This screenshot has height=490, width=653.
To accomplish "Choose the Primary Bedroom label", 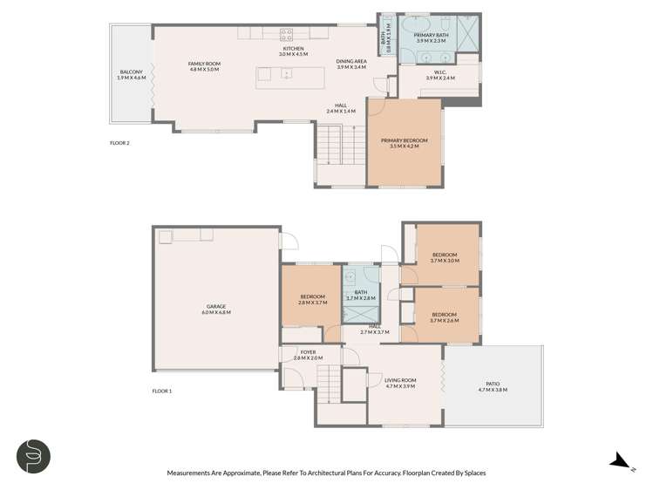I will point(404,143).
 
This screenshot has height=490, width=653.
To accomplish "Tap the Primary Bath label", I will point(431,37).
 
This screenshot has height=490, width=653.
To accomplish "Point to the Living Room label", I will point(400,383).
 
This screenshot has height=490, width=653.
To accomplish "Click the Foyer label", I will point(308,355).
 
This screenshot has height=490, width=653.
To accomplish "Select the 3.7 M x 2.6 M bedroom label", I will point(445,316).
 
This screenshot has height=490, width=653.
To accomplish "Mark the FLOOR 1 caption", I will point(162,391).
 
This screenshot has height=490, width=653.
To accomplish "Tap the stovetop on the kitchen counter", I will point(285,34).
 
